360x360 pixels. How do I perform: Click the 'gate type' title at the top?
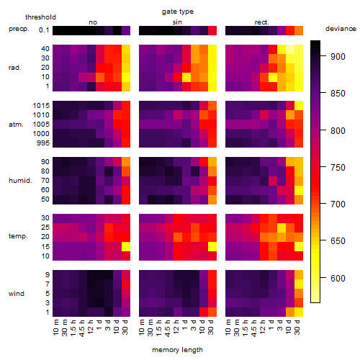click(x=178, y=12)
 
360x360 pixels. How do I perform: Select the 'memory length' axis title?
click(x=177, y=350)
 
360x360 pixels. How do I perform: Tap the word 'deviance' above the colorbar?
click(x=341, y=29)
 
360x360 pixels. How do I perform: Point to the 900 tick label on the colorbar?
click(x=338, y=57)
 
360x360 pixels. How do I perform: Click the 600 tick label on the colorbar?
click(x=338, y=279)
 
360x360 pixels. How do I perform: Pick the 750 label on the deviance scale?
click(x=338, y=168)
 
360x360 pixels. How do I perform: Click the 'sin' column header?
click(x=177, y=22)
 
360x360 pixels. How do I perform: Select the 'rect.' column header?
click(x=261, y=22)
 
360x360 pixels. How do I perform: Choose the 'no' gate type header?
click(x=93, y=22)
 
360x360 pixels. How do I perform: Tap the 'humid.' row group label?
click(x=20, y=181)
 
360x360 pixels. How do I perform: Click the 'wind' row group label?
click(x=17, y=294)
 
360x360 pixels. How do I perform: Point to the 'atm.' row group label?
click(x=16, y=125)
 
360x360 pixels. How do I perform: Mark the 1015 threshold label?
click(x=41, y=106)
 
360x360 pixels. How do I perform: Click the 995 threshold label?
click(x=43, y=143)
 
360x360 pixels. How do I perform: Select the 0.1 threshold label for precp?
click(x=44, y=30)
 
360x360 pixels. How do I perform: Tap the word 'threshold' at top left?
click(x=40, y=17)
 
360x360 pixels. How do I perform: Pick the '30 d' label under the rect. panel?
click(x=298, y=327)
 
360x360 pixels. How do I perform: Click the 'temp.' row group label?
click(x=18, y=236)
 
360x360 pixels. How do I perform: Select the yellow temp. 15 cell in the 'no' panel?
click(x=126, y=247)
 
